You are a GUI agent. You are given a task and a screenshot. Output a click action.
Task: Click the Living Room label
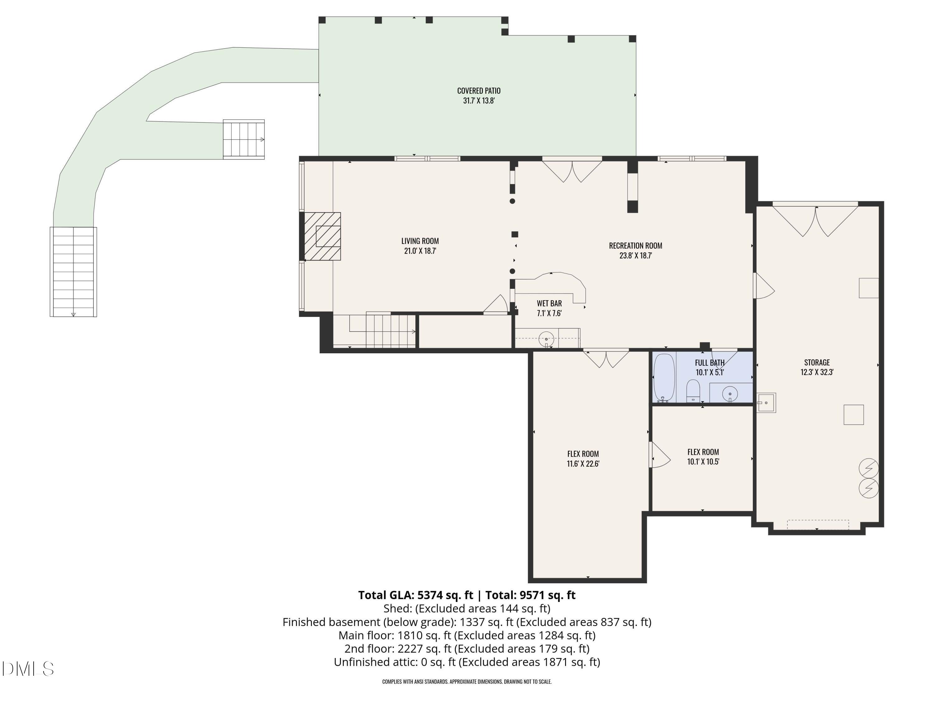[420, 241]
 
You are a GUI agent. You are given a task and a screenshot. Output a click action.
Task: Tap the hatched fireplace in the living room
[322, 236]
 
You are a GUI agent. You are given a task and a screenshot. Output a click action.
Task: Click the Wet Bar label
[549, 303]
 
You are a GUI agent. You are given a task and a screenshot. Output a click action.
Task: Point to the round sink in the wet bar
[547, 339]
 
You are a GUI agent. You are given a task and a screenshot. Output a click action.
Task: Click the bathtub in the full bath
[664, 378]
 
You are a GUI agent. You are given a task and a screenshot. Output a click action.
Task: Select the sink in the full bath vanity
[730, 394]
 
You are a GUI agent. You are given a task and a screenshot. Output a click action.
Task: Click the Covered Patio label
[479, 91]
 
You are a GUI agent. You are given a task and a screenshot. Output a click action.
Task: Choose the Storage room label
[817, 363]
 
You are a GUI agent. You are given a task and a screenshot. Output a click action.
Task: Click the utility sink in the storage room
[766, 403]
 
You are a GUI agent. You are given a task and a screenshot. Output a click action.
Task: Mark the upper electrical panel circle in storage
[869, 468]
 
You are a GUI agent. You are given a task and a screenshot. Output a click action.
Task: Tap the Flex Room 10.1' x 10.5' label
[703, 457]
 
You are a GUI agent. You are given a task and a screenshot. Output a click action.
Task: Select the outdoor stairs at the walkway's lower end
[73, 272]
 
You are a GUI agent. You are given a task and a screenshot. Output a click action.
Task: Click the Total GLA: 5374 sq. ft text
[416, 595]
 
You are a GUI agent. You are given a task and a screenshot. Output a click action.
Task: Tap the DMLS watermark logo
[28, 669]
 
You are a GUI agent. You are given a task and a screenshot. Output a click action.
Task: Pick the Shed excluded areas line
[467, 608]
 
